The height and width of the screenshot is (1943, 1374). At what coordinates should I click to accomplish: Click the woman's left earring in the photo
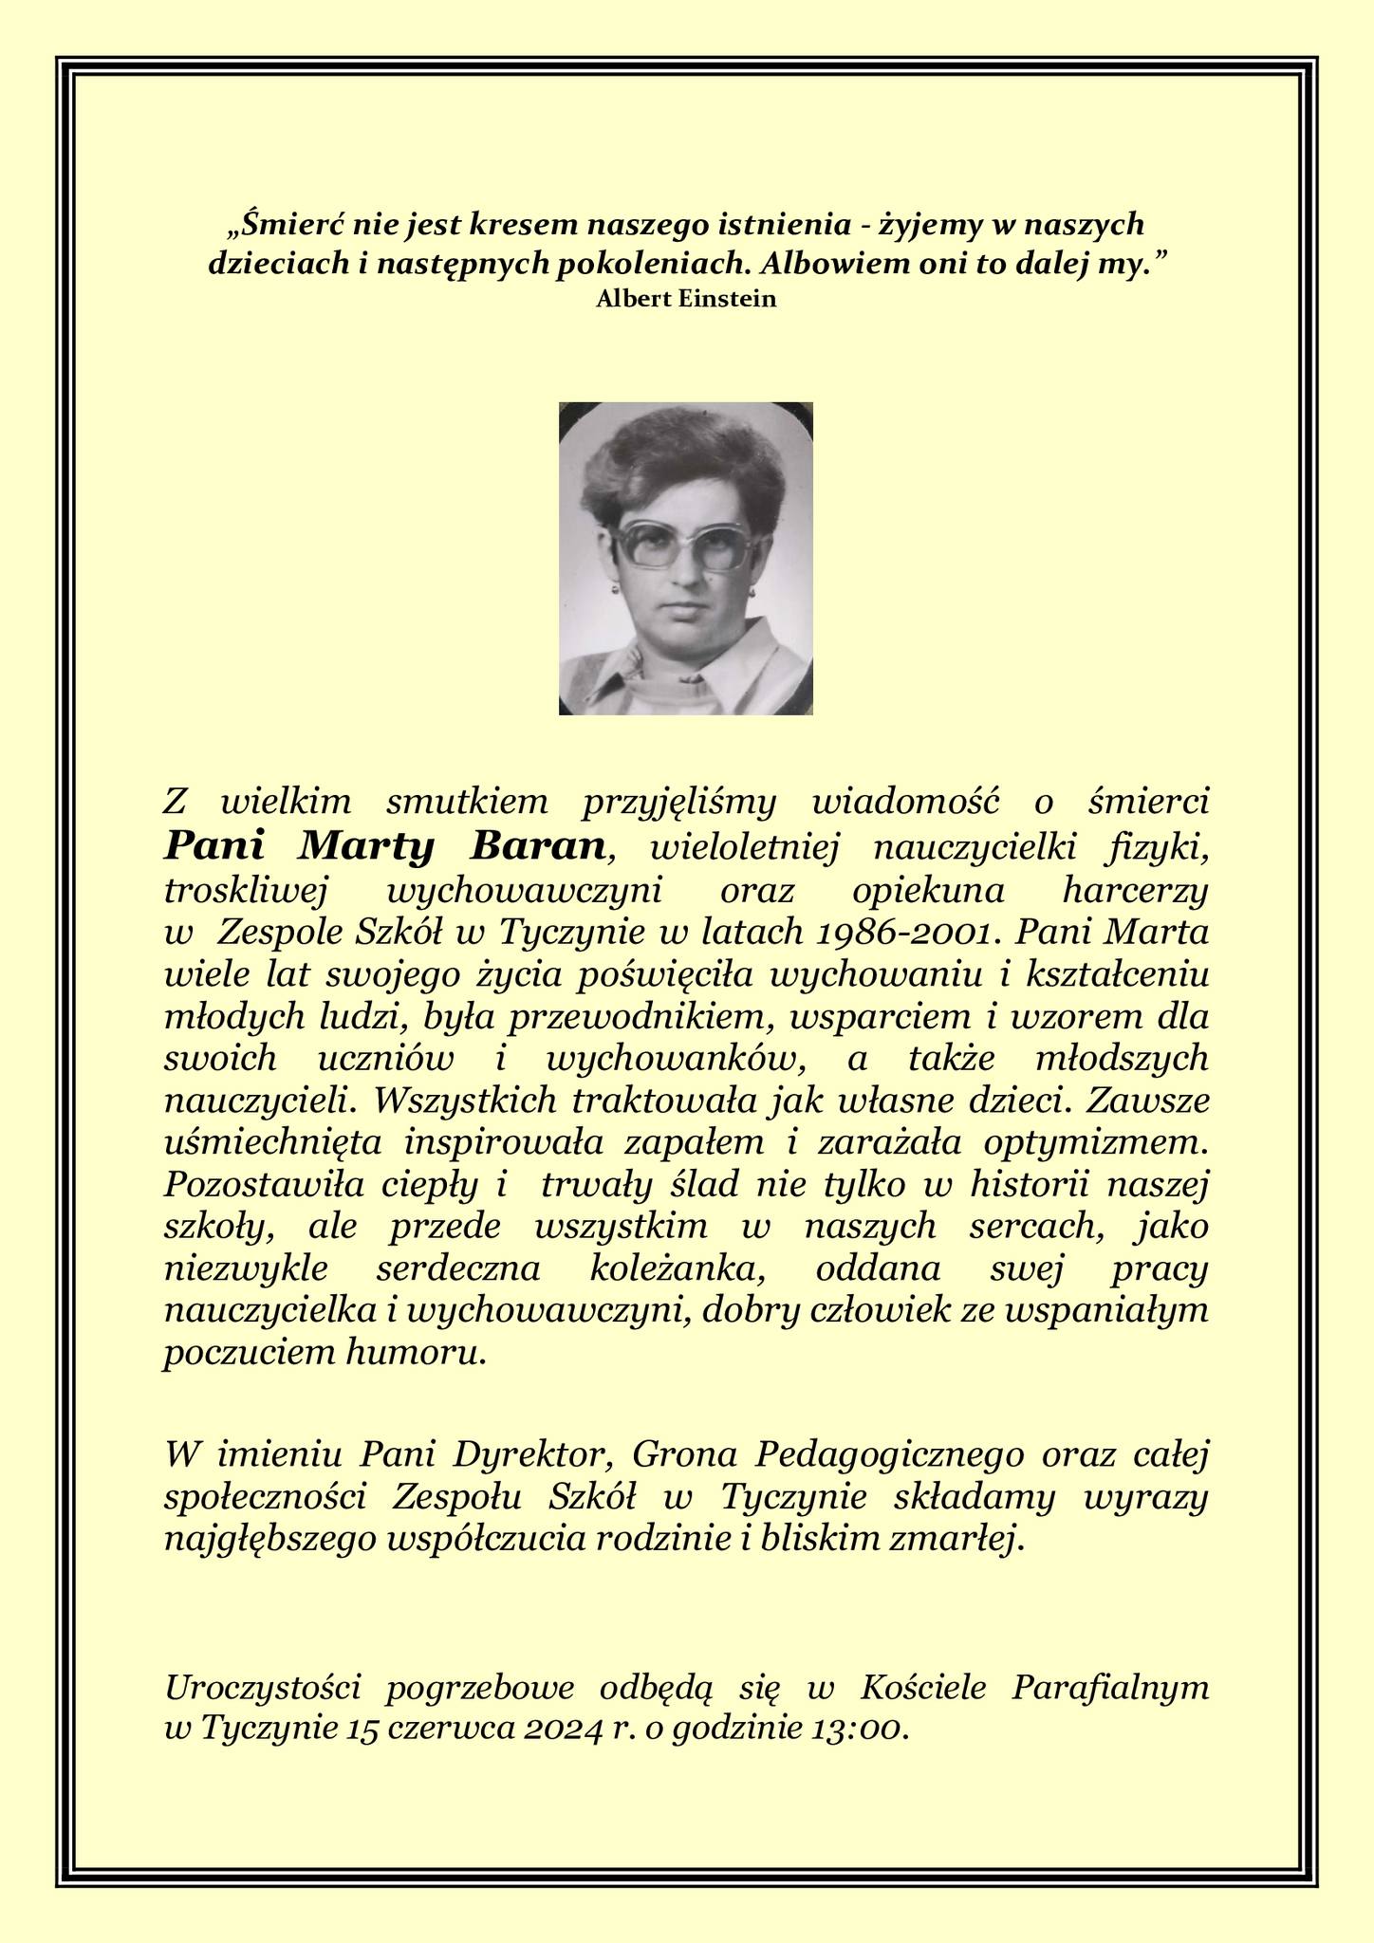tap(754, 589)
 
